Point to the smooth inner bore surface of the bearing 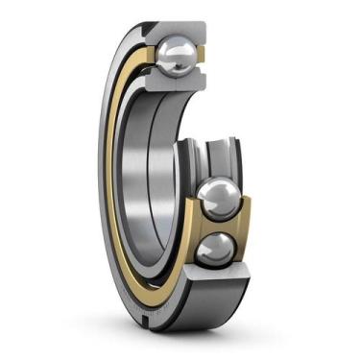[x=144, y=173]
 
